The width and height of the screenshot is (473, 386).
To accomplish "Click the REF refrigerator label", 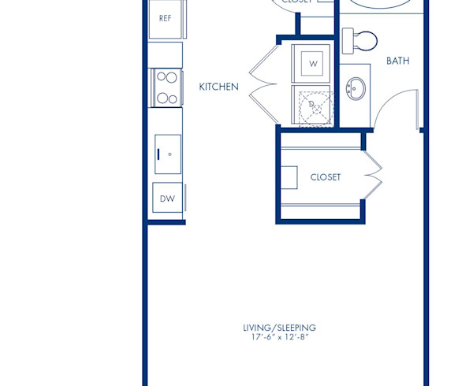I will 166,18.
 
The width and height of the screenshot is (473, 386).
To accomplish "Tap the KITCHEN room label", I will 218,87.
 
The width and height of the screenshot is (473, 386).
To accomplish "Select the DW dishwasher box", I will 167,199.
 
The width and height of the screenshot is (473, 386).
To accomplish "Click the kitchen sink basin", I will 167,154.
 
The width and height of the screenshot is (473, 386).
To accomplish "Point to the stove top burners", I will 166,87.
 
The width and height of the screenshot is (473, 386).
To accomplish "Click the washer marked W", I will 313,63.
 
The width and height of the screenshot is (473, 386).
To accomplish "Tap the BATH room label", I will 397,61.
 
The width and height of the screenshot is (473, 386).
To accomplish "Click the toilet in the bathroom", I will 365,39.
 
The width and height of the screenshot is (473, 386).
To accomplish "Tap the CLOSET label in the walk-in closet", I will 326,177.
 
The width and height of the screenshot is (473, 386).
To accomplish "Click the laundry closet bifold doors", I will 263,83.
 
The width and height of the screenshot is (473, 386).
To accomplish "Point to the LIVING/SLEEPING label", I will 279,328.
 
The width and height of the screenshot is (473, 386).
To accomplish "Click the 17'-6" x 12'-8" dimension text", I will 279,338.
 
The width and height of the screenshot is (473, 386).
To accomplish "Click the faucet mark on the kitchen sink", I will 169,154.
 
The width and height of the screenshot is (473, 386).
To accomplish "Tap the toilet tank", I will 347,39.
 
